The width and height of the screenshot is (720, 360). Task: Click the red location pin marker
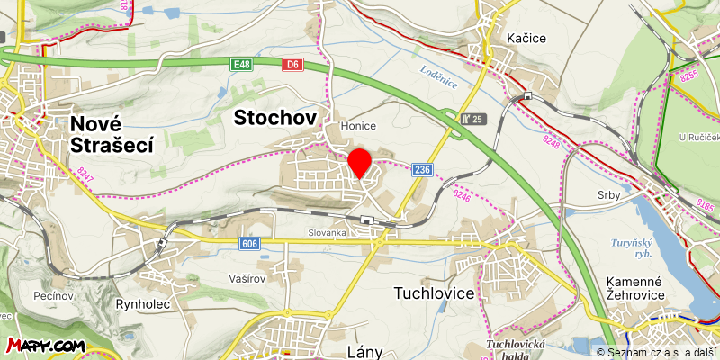[x=360, y=163]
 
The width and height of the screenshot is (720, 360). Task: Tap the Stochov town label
[x=275, y=117]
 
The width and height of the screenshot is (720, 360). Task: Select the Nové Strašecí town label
[x=112, y=134]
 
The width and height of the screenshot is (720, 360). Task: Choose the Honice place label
[x=358, y=126]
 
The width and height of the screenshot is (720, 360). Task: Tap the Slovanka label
[x=326, y=232]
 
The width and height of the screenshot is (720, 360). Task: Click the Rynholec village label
[x=143, y=304]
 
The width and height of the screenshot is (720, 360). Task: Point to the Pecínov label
[x=52, y=295]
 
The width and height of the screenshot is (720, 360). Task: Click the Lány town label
[x=364, y=346]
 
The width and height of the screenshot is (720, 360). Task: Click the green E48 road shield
[x=240, y=65]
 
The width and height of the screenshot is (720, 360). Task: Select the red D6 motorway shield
[x=292, y=65]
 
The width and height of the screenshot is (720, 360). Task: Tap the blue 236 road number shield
[x=422, y=169]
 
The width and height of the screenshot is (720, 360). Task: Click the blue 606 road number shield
[x=251, y=244]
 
